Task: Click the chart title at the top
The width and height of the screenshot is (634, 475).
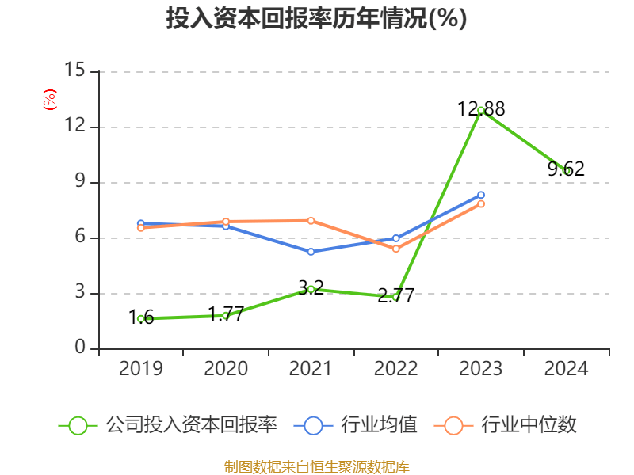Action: tap(316, 19)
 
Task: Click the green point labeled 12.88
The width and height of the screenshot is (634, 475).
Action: tap(481, 111)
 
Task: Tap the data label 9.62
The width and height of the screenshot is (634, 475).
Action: tap(566, 169)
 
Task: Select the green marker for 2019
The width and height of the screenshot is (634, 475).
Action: tap(141, 319)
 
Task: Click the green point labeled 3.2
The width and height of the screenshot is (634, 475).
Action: tap(311, 290)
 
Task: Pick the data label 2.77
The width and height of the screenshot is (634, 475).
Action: tap(395, 297)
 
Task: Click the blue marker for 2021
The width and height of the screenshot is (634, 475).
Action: tap(311, 252)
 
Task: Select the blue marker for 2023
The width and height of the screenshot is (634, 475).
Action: tap(481, 195)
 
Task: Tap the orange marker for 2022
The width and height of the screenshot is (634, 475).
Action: tap(396, 249)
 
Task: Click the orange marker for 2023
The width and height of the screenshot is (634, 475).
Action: tap(481, 204)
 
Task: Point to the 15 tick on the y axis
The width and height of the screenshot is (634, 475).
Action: tap(74, 71)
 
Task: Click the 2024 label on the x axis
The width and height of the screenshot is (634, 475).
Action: tap(566, 369)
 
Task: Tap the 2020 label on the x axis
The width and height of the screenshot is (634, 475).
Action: tap(226, 369)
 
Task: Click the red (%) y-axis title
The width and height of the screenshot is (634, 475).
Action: tap(49, 100)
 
